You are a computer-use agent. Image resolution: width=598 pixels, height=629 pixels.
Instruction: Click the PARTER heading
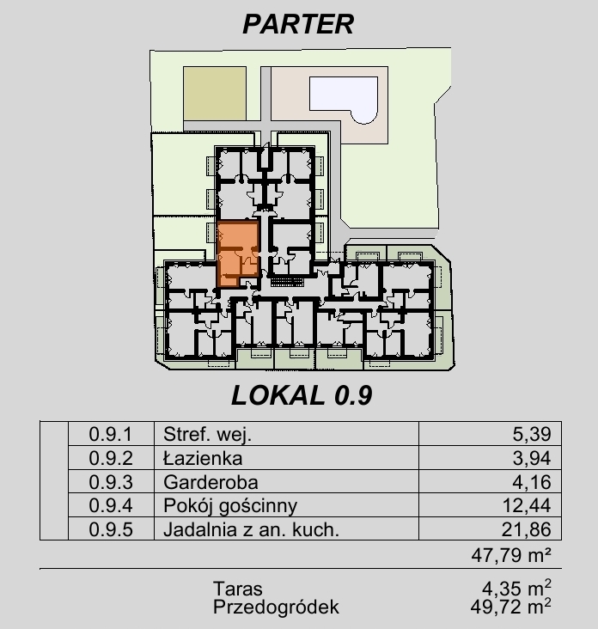[x=298, y=24]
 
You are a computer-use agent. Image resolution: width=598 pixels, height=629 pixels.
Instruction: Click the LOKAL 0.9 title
[x=302, y=395]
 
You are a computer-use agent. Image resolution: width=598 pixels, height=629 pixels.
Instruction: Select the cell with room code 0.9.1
[x=111, y=434]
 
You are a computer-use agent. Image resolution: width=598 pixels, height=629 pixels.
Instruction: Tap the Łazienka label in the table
[x=203, y=458]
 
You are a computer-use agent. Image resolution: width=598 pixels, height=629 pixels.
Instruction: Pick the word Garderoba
[x=211, y=482]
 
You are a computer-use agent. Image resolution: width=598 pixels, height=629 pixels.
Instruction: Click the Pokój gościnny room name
[x=230, y=506]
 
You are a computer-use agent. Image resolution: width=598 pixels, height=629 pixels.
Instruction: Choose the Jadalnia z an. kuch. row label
[x=252, y=529]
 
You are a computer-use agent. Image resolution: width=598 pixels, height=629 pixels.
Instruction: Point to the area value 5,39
[x=532, y=435]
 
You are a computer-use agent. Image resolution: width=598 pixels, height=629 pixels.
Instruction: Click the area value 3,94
[x=532, y=458]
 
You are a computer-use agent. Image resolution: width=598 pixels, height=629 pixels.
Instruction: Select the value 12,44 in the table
[x=527, y=506]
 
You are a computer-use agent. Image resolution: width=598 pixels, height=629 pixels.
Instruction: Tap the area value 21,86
[x=527, y=529]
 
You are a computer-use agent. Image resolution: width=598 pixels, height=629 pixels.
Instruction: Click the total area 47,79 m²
[x=511, y=555]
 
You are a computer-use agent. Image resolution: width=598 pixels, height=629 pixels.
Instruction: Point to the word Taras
[x=238, y=589]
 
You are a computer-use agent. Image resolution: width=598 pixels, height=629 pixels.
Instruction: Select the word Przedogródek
[x=276, y=607]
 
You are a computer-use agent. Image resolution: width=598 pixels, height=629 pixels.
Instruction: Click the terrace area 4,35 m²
[x=516, y=588]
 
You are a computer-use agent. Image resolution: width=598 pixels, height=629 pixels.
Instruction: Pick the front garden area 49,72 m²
[x=511, y=607]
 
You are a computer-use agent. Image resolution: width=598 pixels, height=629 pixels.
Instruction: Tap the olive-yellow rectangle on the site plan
[x=215, y=93]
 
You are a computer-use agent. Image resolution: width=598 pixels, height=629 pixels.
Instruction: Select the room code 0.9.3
[x=111, y=482]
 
